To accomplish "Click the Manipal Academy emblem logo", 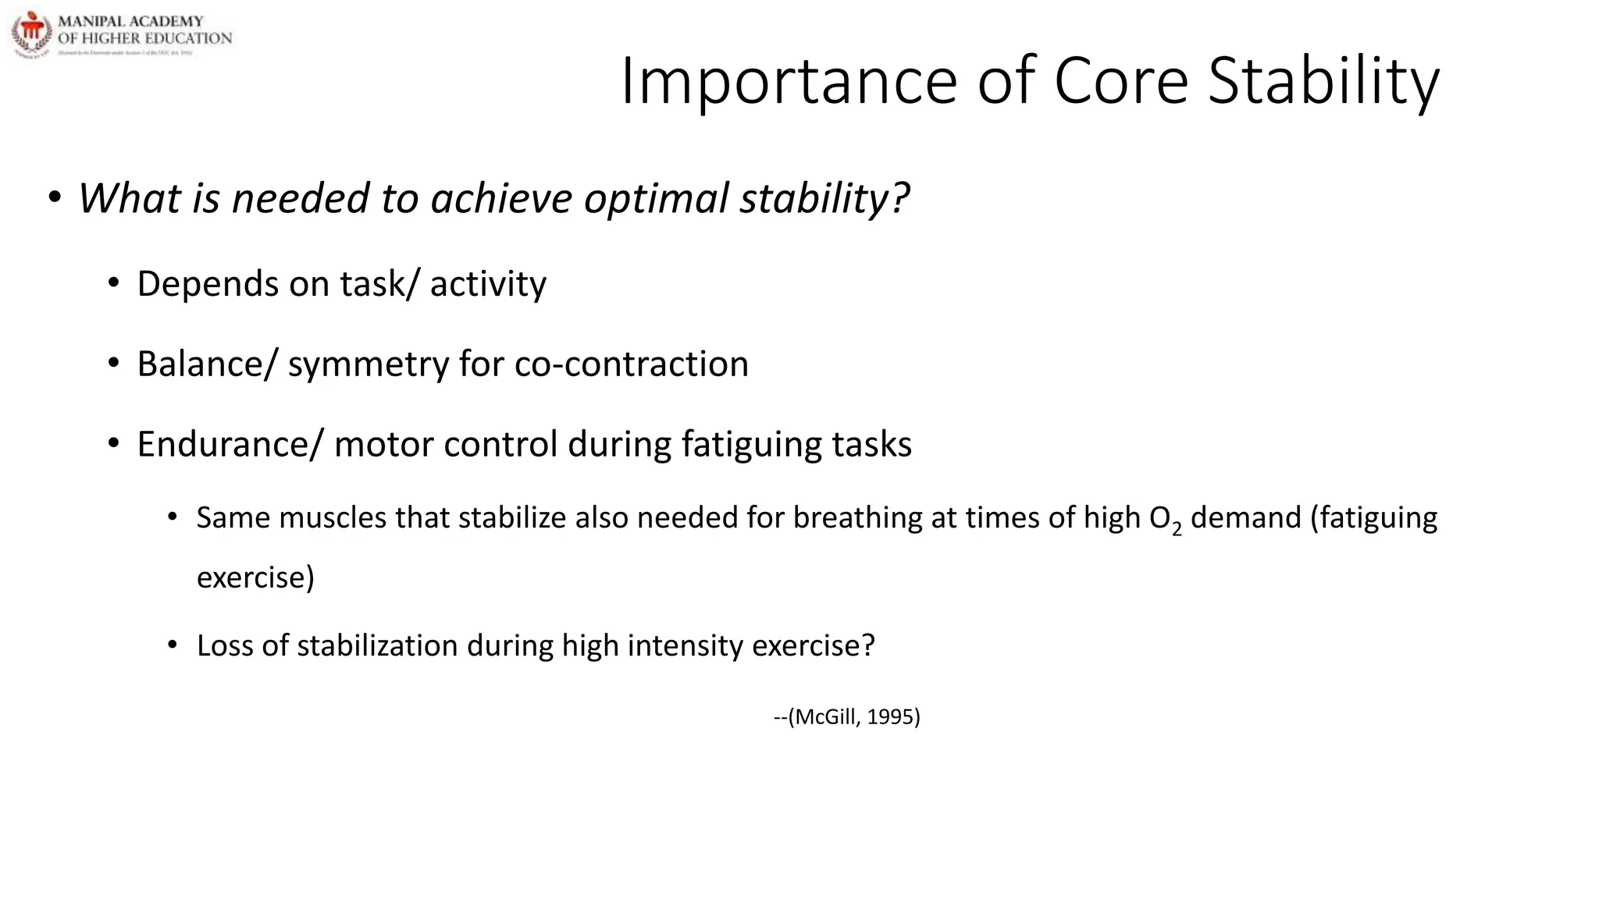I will coord(31,34).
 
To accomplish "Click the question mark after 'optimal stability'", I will coord(900,198).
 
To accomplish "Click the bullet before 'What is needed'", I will coord(54,198).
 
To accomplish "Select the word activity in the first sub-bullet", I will coord(488,284).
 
